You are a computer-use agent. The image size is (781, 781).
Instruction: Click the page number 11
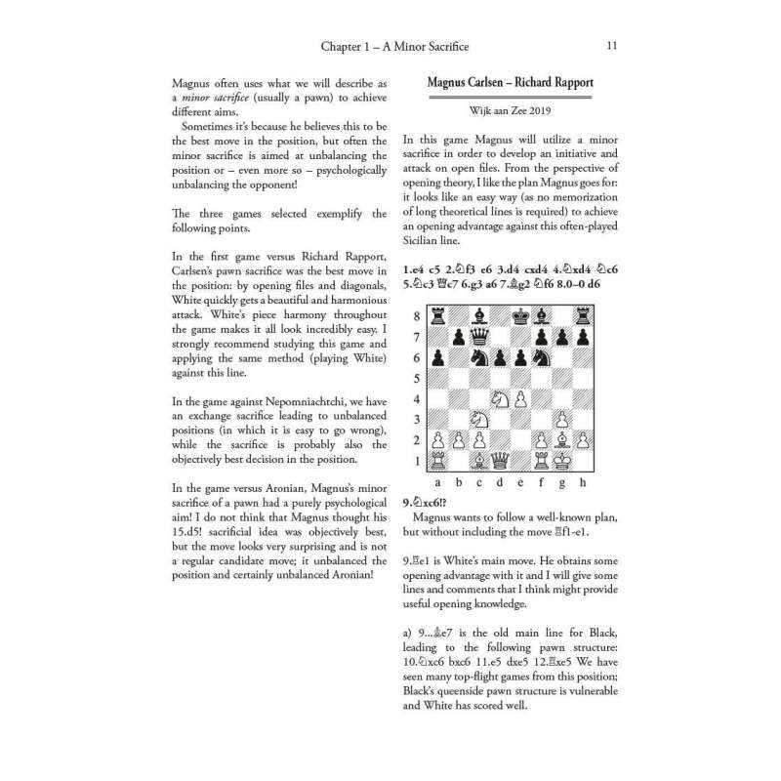click(x=611, y=45)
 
